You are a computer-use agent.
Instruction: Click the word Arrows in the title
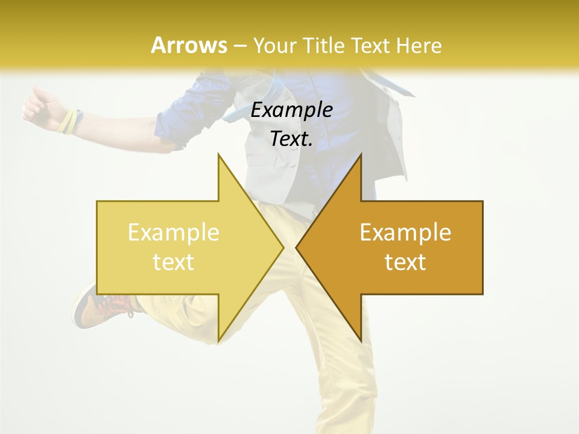[189, 45]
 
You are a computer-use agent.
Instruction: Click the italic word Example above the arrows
[291, 110]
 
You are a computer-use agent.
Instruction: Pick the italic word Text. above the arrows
[291, 139]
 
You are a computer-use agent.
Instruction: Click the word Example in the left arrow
[173, 233]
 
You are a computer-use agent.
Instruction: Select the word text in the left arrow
[173, 262]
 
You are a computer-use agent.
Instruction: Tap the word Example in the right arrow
[405, 233]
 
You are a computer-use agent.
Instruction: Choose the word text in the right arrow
[405, 262]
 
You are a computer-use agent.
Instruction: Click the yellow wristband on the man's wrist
[68, 121]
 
